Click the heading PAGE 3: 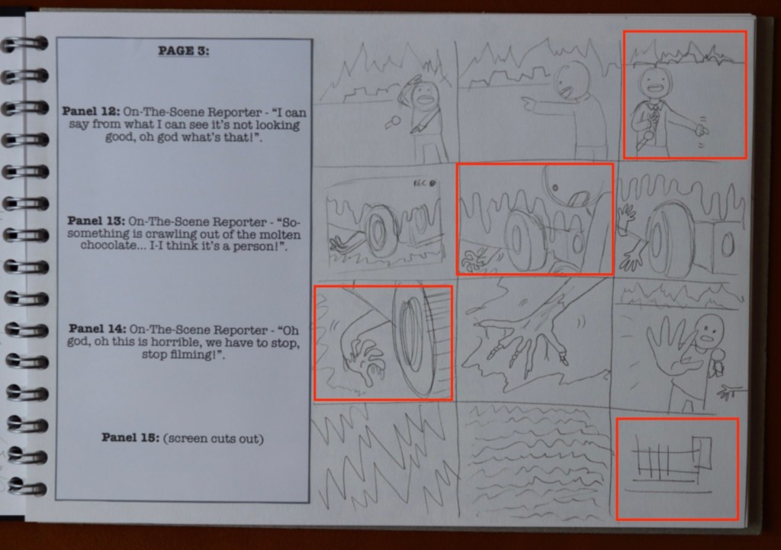184,51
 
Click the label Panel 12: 91,111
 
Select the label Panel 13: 97,220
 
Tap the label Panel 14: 98,329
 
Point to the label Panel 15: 130,437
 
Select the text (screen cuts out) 214,439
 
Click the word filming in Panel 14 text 191,355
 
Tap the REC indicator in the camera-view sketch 424,183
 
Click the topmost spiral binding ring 25,44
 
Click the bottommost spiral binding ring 28,486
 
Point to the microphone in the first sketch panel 393,122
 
